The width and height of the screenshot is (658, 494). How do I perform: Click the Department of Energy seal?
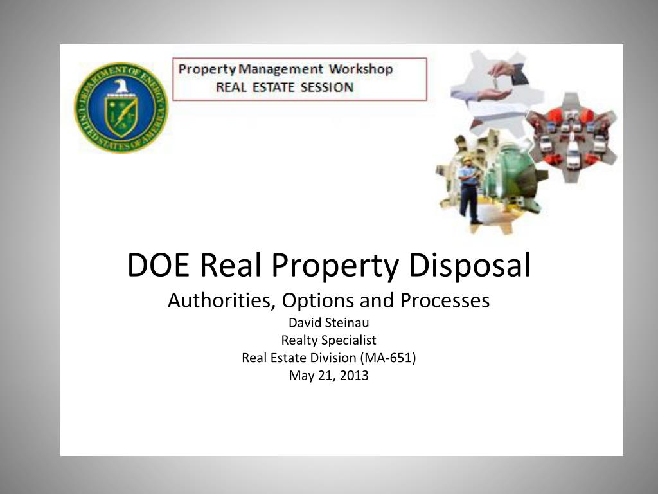tap(121, 107)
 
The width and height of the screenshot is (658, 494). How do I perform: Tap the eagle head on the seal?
tap(120, 86)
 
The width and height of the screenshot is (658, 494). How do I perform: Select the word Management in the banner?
tap(280, 69)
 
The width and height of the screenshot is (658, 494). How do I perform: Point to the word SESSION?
tap(325, 87)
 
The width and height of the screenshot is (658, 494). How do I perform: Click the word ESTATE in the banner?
tap(273, 87)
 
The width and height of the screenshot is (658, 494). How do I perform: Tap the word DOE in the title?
tap(158, 266)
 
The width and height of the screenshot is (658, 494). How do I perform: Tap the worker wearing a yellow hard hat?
tap(469, 187)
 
